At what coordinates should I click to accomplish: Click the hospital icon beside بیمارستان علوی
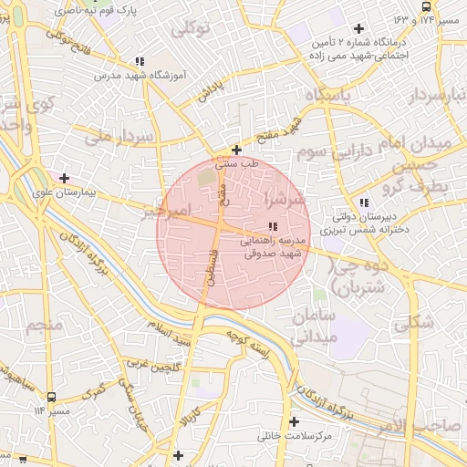(64, 178)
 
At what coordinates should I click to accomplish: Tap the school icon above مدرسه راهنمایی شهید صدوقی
(272, 226)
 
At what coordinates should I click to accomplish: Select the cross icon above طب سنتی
(237, 150)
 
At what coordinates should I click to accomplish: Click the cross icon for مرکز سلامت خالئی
(294, 422)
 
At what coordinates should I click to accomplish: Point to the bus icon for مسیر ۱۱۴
(51, 398)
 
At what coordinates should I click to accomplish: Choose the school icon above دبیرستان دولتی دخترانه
(364, 202)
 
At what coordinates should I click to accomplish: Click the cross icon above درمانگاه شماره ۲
(358, 28)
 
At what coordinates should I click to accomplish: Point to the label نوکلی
(192, 28)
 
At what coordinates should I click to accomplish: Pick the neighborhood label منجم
(43, 327)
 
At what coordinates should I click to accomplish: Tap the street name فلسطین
(212, 265)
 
